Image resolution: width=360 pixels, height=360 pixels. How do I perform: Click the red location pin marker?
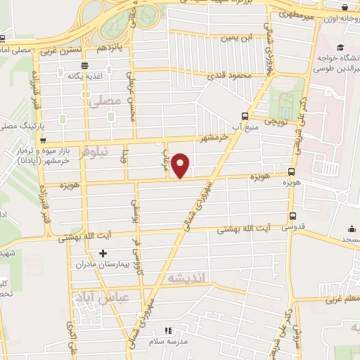coord(181,165)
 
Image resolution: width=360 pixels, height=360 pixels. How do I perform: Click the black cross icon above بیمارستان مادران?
coord(103,253)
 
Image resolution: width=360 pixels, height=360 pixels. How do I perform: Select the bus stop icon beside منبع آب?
coord(244,117)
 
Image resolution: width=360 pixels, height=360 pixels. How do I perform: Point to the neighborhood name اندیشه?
coord(186,279)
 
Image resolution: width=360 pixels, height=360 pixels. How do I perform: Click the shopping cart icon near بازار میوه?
coord(43,141)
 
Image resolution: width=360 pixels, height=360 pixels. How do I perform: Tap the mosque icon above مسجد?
coord(351,229)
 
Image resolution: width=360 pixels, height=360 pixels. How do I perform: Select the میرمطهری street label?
coord(298,14)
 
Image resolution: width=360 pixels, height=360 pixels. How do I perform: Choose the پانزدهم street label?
coord(110,48)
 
